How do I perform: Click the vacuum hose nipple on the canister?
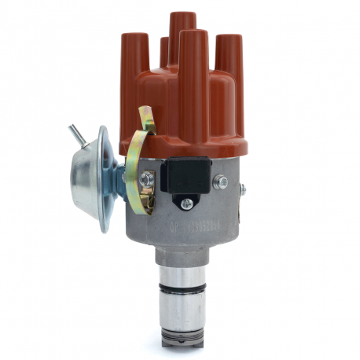[x=76, y=133]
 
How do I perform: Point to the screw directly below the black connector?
[x=186, y=204]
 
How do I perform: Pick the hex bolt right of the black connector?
[x=223, y=182]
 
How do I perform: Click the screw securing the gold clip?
[x=145, y=181]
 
